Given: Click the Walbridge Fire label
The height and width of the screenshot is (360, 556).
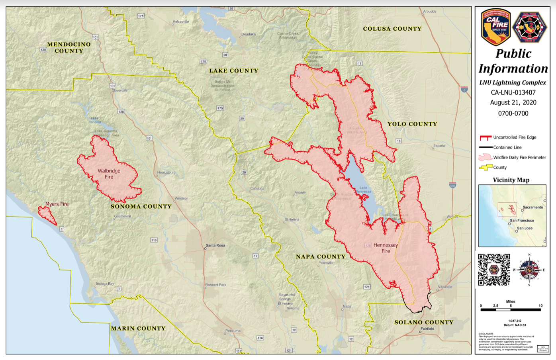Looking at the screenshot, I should [109, 174].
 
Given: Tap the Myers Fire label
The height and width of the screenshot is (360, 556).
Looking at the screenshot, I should [57, 204].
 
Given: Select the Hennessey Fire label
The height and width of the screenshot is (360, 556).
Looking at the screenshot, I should [386, 248].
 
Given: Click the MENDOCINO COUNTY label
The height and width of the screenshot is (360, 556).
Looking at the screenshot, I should [69, 47].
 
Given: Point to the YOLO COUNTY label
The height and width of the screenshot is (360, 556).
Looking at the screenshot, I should [412, 124].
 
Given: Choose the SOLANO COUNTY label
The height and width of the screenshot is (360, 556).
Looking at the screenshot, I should [424, 322].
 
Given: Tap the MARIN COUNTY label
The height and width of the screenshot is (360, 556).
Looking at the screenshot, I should [138, 328].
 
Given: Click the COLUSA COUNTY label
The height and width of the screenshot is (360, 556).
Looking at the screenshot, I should [392, 29].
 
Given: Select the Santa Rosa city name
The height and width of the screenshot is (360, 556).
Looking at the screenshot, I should [215, 245].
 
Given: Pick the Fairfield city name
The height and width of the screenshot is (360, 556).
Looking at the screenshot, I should [427, 329].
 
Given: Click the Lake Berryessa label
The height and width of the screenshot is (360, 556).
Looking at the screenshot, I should [363, 190].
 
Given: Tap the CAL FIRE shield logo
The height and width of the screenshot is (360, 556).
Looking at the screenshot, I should [495, 27].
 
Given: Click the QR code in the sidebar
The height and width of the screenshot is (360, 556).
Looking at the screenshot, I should [494, 270].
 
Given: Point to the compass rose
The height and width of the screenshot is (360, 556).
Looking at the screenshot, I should [529, 270].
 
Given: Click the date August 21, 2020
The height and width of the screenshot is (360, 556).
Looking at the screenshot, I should [513, 102].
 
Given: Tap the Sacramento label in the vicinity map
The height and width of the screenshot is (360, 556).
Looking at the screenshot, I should [533, 207].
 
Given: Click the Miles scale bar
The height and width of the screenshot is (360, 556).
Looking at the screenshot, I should [511, 309].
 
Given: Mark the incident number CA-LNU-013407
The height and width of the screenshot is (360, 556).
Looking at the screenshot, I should [513, 92].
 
